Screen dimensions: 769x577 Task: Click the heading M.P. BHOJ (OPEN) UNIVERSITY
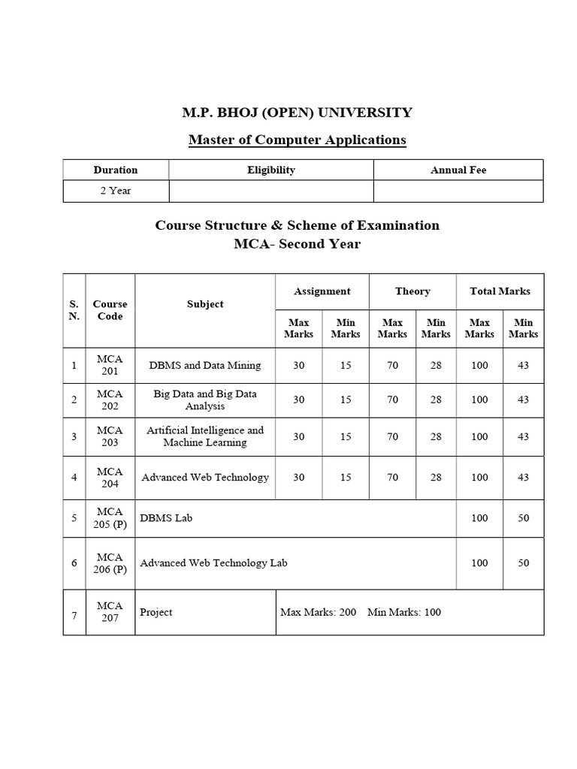[x=297, y=113]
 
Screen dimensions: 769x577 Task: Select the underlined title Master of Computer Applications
[x=297, y=140]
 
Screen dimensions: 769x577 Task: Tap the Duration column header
[x=115, y=170]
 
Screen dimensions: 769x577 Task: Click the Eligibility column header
[x=270, y=170]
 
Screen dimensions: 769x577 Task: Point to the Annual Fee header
[x=458, y=170]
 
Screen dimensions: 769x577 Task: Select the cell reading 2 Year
[x=115, y=191]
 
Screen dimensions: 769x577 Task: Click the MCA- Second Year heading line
[x=297, y=244]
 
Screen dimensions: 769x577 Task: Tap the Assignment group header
[x=322, y=291]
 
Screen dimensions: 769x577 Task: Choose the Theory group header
[x=412, y=291]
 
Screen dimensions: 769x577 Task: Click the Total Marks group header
[x=500, y=291]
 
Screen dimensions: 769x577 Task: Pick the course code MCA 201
[x=110, y=365]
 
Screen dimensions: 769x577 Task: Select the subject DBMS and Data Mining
[x=205, y=366]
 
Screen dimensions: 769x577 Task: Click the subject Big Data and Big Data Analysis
[x=205, y=400]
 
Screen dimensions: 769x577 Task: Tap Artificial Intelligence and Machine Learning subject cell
[x=205, y=436]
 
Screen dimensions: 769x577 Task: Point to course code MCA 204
[x=110, y=477]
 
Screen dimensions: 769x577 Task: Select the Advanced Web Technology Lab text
[x=213, y=562]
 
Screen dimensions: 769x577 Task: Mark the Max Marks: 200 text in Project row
[x=318, y=612]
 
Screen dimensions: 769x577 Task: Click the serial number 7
[x=74, y=617]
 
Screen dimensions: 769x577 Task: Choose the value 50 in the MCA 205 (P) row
[x=523, y=518]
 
